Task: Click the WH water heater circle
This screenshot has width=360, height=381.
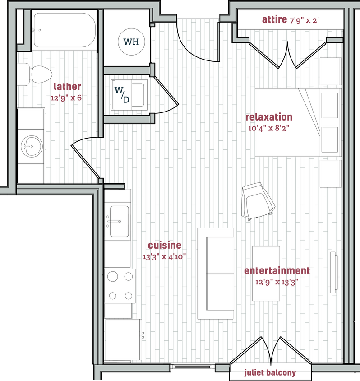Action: coord(131,42)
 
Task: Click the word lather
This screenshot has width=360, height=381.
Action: coord(68,87)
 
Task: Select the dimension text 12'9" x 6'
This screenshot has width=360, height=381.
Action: coord(68,97)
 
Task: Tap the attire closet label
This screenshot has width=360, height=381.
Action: coord(275,19)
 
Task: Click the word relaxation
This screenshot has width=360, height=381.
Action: coord(268,117)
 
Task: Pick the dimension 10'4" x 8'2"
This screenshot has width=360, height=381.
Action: coord(268,128)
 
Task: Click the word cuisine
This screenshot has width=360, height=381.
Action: coord(165,246)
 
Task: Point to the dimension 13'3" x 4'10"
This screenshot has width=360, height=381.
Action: coord(165,257)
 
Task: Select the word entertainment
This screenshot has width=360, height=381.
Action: coord(277,271)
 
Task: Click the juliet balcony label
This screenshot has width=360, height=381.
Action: coord(270,373)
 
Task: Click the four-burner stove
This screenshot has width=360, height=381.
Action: coord(120,286)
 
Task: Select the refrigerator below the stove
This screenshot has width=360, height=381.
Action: coord(122,340)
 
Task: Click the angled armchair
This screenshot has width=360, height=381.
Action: coord(258,202)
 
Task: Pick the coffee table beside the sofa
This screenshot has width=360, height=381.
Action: coord(267,273)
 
